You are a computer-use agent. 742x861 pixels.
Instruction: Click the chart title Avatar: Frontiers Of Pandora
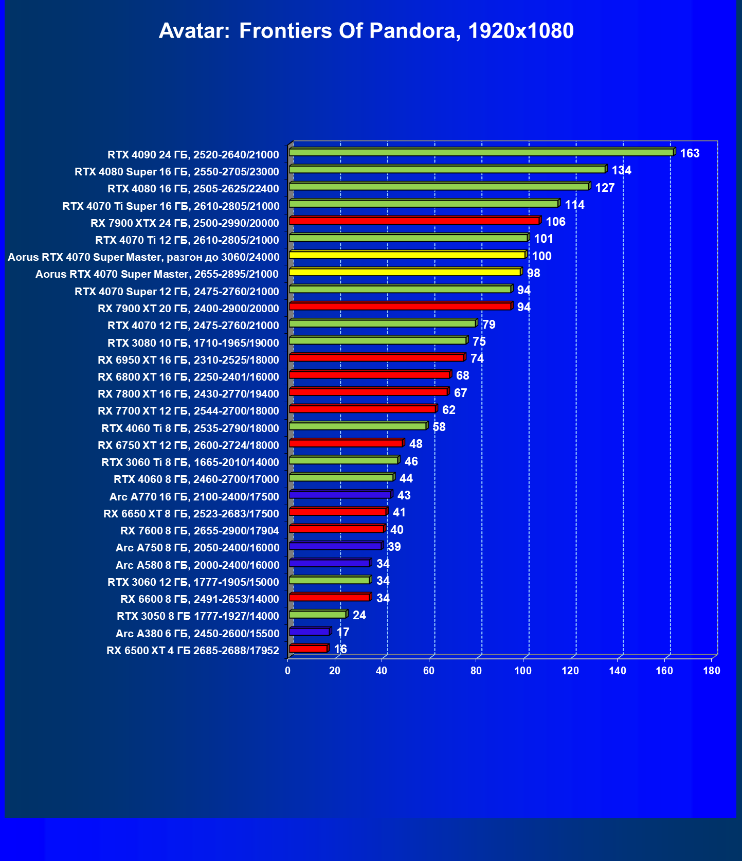(366, 31)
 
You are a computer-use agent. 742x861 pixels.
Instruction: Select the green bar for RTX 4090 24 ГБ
(481, 152)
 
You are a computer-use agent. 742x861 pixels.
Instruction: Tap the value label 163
(690, 153)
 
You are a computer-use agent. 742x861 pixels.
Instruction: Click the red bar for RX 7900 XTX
(414, 221)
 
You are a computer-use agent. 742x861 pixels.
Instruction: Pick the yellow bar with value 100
(407, 255)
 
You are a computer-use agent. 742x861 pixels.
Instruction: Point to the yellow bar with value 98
(405, 272)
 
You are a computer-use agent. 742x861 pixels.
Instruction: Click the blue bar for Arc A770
(340, 495)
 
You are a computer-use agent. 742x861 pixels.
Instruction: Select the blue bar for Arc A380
(309, 632)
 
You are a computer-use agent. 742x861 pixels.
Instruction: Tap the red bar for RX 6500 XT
(308, 649)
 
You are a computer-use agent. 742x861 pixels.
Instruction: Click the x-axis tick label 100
(523, 671)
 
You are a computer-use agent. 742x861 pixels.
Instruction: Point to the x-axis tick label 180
(712, 671)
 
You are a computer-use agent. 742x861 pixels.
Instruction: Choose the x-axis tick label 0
(288, 671)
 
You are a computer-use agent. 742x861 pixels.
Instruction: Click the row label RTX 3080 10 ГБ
(193, 343)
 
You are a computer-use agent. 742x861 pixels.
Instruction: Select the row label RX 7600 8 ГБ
(200, 531)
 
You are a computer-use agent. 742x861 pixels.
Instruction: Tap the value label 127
(605, 188)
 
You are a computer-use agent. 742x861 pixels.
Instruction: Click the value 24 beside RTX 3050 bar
(359, 615)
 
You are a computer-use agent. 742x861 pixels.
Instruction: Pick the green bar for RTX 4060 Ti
(357, 426)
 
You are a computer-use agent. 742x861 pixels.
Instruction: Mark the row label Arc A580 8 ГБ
(197, 565)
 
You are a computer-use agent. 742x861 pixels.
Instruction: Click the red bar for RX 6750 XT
(346, 443)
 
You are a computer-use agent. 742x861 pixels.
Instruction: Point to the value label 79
(488, 325)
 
